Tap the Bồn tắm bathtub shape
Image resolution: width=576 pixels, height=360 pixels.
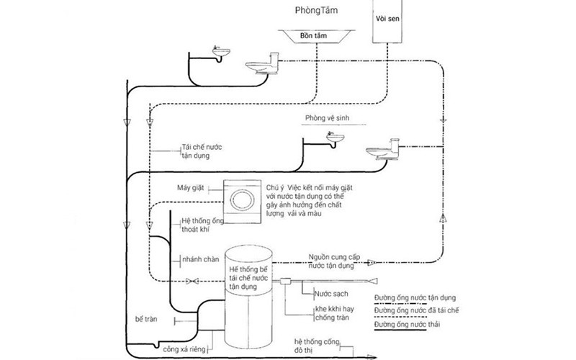click(318, 35)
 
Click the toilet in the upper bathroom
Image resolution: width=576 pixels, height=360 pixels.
click(261, 67)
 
